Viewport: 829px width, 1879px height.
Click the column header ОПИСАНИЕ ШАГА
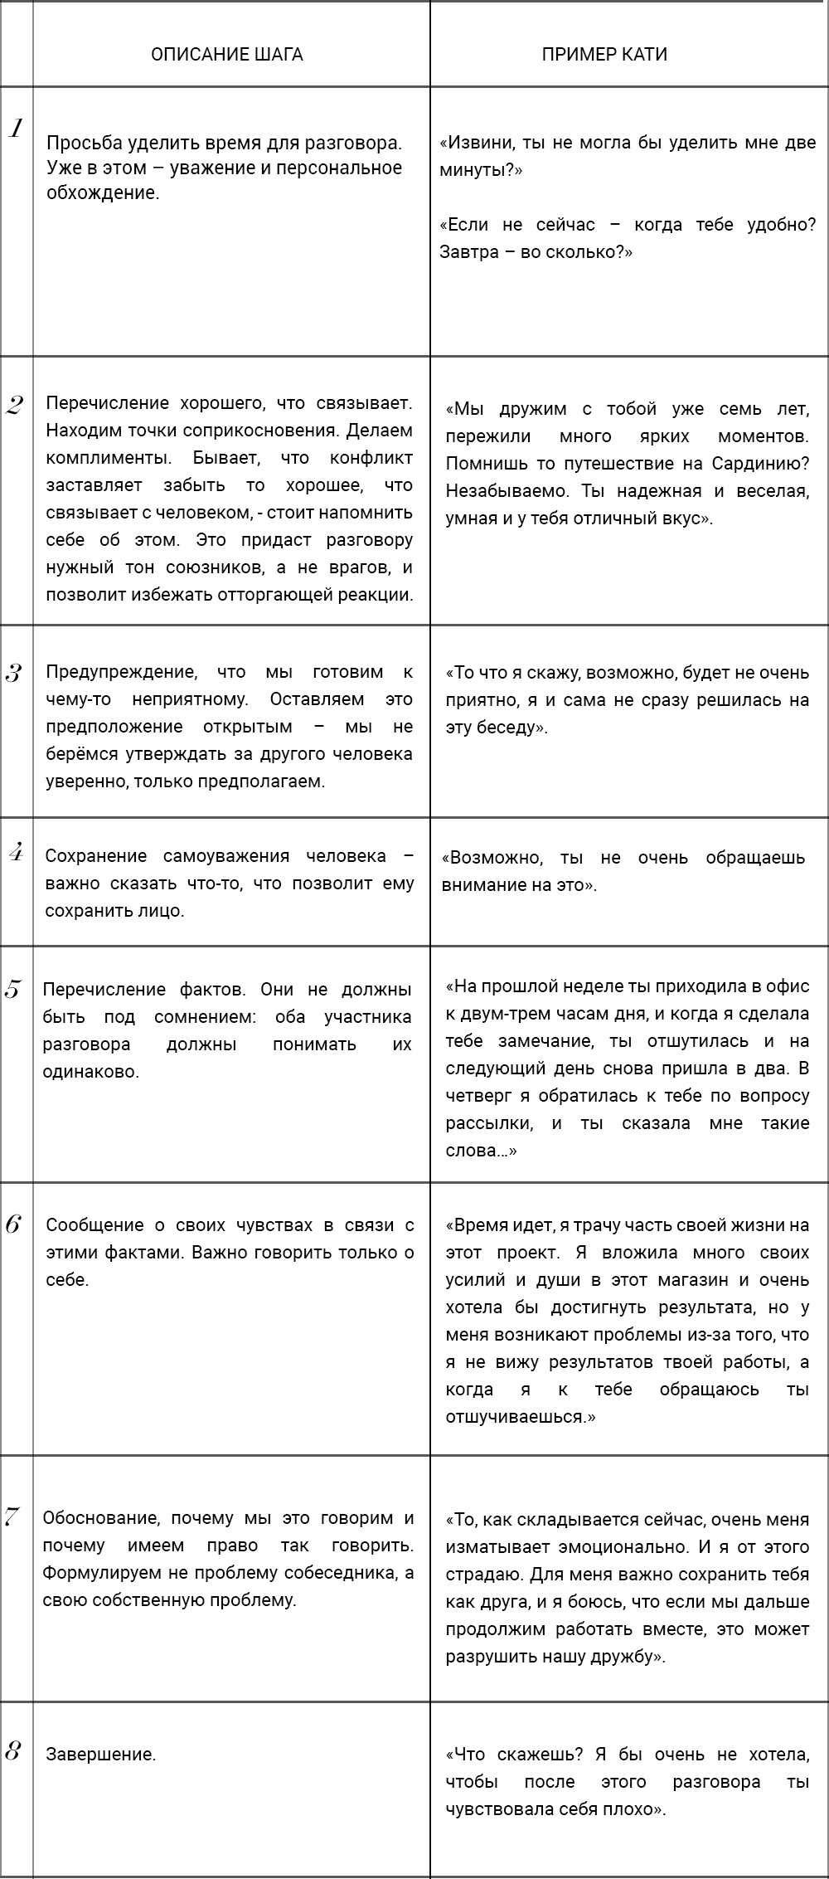[226, 55]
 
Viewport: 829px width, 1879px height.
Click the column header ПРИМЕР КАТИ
[604, 55]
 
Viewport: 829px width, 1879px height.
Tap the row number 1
[15, 128]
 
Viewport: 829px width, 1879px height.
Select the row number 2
[14, 406]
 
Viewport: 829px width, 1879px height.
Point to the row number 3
[13, 673]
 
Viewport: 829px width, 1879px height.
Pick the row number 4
[14, 853]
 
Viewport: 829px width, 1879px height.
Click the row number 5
[12, 990]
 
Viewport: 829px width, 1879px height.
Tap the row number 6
[12, 1224]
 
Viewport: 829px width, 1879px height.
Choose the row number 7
[12, 1517]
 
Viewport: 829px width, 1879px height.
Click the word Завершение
[100, 1755]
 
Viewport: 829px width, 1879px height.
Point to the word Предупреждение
[121, 672]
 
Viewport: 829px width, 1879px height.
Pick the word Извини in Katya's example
[478, 143]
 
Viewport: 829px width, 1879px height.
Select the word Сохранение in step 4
[96, 855]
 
